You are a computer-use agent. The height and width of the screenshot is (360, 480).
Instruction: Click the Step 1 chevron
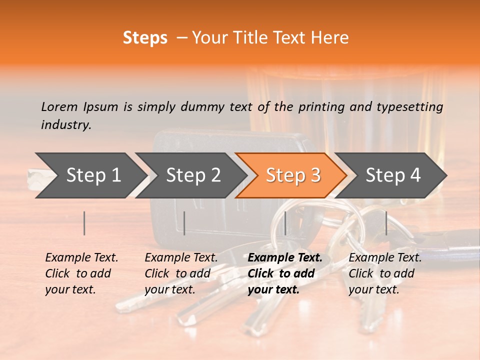point(93,175)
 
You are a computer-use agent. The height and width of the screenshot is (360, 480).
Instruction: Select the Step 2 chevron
point(193,175)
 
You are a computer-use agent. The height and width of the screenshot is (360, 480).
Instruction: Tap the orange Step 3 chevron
point(293,175)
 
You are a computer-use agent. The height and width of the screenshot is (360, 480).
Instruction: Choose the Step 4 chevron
point(393,175)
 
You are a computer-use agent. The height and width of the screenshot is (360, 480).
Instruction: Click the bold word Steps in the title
point(145,38)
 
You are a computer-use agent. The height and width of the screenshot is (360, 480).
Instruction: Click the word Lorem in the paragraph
point(59,106)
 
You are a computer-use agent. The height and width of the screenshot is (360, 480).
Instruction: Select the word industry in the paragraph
point(65,125)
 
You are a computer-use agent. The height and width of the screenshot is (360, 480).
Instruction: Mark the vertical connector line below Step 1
point(84,223)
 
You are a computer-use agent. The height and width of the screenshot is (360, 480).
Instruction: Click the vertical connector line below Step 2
point(184,223)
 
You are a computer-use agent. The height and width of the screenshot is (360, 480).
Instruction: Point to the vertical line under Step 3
point(285,223)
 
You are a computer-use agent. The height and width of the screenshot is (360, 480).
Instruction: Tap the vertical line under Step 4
point(386,223)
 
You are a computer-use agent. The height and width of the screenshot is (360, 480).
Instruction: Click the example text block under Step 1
point(81,273)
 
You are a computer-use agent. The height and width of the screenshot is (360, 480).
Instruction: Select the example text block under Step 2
point(180,273)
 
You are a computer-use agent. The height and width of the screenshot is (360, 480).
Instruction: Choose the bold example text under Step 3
point(284,273)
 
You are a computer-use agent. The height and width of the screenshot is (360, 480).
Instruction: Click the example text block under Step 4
point(384,273)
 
